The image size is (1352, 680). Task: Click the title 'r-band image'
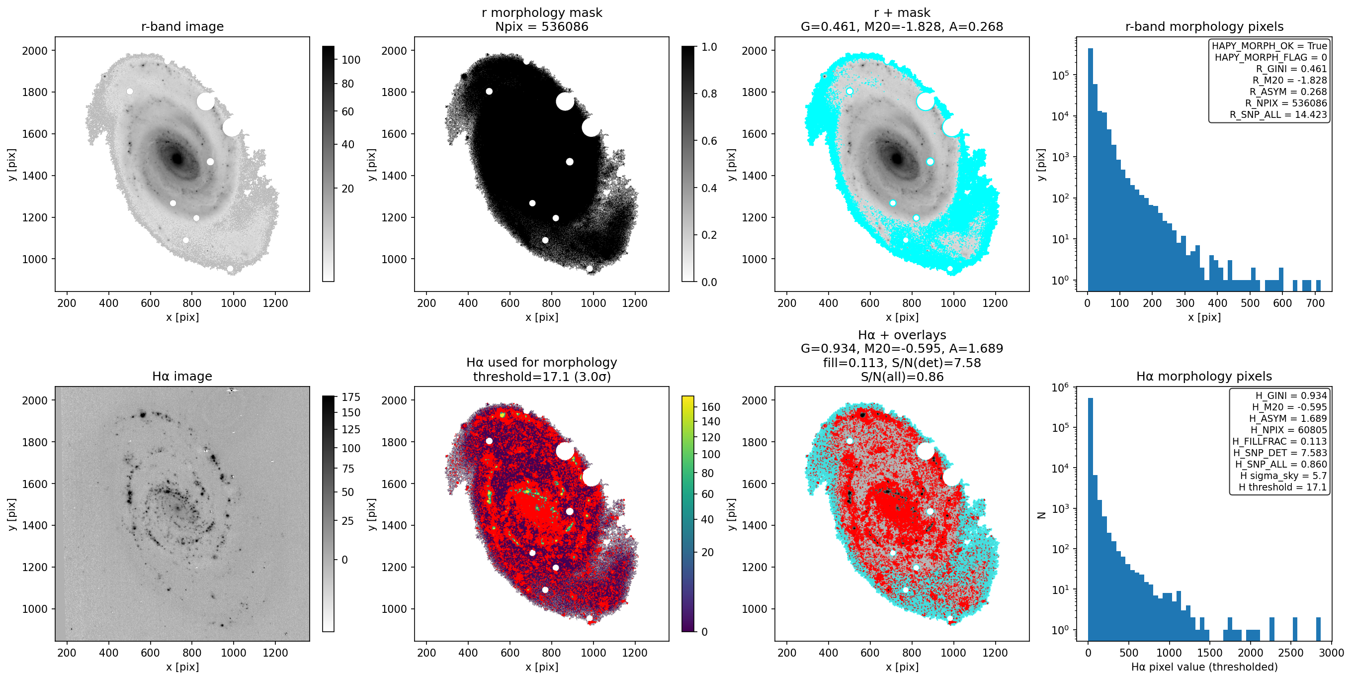coord(182,26)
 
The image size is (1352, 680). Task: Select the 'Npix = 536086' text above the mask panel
coord(542,26)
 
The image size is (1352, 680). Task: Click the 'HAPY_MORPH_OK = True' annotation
coord(1269,46)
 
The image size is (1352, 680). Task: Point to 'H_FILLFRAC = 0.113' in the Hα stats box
coord(1279,442)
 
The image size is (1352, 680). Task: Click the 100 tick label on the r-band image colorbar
coord(351,60)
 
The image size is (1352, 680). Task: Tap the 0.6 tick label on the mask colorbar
coord(709,141)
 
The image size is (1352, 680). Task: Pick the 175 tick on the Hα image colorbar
coord(351,397)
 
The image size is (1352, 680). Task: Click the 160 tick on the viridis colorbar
coord(711,407)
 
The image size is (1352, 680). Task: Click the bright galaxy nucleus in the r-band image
coord(177,158)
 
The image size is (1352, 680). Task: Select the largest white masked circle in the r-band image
coord(206,101)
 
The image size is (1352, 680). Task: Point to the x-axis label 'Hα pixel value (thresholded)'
coord(1204,667)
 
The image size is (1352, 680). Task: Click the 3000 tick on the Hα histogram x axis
coord(1331,653)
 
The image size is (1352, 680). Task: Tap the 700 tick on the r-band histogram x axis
coord(1315,303)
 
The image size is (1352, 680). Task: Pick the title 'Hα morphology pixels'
coord(1204,376)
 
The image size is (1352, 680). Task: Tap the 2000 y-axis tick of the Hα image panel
coord(35,400)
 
